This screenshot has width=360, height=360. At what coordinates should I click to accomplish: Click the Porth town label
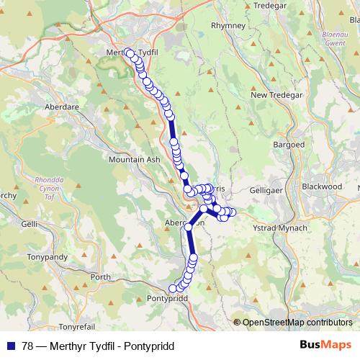101,276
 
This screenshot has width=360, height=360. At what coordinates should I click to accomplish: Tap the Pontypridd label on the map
166,298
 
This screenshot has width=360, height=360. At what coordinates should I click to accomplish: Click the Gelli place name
29,225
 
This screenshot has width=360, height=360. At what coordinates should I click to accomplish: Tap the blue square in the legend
9,346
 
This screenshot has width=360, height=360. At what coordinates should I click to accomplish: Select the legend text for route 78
98,346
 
